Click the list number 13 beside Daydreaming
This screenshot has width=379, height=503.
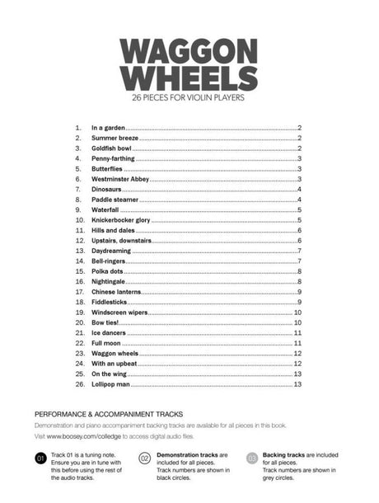[x=80, y=251]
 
